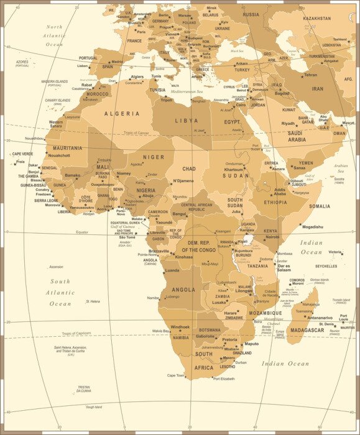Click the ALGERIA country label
121,114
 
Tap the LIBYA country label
186,121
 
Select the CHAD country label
188,168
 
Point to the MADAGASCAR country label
307,330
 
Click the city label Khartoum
234,169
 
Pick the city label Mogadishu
312,227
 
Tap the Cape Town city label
176,375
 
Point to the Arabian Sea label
341,168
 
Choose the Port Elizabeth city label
224,378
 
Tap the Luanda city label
171,270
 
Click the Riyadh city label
288,123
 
